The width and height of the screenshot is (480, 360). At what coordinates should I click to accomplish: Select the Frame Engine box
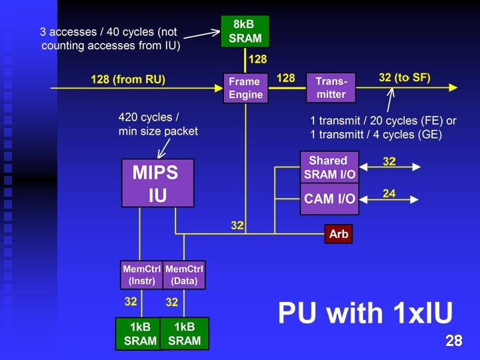[x=245, y=87]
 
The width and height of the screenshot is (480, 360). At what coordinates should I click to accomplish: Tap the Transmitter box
[x=331, y=87]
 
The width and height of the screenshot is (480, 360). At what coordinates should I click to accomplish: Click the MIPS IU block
[x=157, y=183]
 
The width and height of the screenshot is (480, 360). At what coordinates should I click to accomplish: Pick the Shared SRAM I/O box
[x=329, y=167]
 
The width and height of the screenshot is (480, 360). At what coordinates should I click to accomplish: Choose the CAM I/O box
[x=329, y=198]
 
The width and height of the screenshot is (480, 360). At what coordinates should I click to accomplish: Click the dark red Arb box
[x=339, y=234]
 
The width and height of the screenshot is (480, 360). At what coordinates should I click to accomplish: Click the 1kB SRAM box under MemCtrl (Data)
[x=184, y=334]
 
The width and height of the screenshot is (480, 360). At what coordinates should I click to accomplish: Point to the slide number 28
[x=454, y=341]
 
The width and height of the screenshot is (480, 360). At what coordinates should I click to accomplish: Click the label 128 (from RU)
[x=128, y=79]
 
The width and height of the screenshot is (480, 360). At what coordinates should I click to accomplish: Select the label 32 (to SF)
[x=405, y=78]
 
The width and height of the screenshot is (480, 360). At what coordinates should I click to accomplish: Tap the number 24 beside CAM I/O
[x=389, y=193]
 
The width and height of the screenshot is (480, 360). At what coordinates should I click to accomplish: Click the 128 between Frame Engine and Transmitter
[x=285, y=79]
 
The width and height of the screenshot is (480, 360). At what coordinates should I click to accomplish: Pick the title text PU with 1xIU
[x=365, y=313]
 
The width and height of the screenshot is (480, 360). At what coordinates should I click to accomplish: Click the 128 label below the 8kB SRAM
[x=258, y=60]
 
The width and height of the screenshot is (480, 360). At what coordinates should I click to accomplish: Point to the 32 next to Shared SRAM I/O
[x=389, y=161]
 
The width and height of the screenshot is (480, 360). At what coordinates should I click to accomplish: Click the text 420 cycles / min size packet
[x=158, y=124]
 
